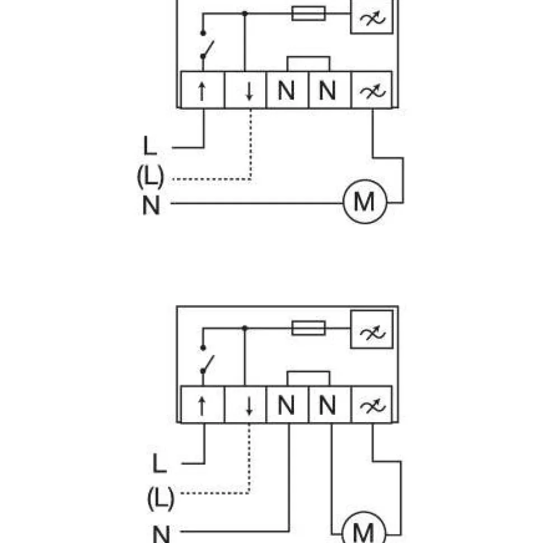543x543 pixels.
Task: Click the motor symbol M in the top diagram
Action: (x=364, y=202)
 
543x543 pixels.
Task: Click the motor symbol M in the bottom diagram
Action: (x=364, y=529)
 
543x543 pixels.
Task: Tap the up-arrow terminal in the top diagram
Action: (x=203, y=90)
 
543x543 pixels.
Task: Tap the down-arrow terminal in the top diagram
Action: (x=246, y=90)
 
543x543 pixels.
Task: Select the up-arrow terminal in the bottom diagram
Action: (x=203, y=405)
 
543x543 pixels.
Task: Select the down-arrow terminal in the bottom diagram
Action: (x=246, y=405)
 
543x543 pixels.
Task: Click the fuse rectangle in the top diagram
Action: (x=308, y=13)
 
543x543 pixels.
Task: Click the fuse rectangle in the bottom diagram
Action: (x=308, y=328)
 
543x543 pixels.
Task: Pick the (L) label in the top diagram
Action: (x=150, y=176)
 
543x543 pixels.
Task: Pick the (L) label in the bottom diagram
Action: (x=161, y=498)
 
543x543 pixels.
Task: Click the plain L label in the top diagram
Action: (x=150, y=146)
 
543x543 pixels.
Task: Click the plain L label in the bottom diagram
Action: (x=160, y=463)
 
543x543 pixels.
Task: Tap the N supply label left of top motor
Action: (x=151, y=205)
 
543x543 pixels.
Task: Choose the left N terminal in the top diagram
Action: (x=287, y=90)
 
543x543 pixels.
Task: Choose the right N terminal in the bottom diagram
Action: (x=329, y=405)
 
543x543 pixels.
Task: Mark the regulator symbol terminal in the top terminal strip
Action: (x=372, y=90)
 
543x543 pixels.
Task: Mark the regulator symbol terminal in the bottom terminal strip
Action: (x=372, y=405)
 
